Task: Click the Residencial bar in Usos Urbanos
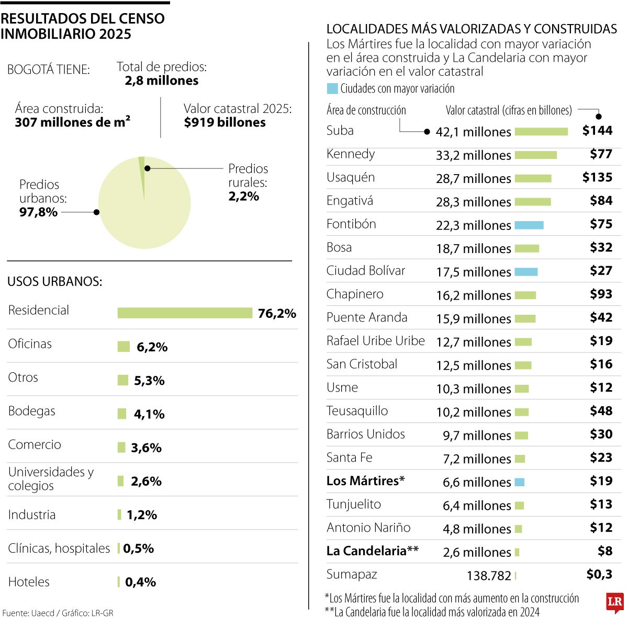(185, 313)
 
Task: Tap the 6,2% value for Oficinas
(152, 347)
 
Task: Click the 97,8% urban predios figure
(38, 212)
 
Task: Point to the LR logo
(615, 603)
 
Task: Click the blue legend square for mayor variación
(332, 88)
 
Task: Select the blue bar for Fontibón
(529, 225)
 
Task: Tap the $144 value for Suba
(597, 130)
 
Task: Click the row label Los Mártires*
(365, 480)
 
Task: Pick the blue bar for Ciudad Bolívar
(526, 272)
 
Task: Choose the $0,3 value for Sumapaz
(599, 574)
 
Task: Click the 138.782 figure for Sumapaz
(489, 576)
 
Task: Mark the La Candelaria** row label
(372, 551)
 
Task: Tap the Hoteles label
(29, 581)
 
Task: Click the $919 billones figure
(225, 122)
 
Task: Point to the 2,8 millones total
(162, 81)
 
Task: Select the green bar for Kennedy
(535, 155)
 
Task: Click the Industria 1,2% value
(141, 515)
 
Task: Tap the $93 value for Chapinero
(601, 294)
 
